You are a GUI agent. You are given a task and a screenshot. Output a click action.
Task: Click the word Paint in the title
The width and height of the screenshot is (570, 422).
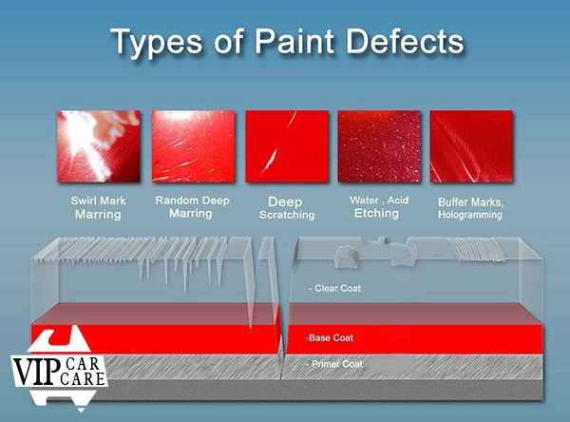(294, 41)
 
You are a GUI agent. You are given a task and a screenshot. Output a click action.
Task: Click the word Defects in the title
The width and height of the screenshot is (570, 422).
(405, 41)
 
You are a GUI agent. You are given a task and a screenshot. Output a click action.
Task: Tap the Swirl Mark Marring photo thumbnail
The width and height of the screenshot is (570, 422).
(98, 146)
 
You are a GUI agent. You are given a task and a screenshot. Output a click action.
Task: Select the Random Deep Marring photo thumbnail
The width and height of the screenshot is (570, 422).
(193, 146)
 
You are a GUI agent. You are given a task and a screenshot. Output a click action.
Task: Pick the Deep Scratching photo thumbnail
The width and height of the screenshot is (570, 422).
(287, 146)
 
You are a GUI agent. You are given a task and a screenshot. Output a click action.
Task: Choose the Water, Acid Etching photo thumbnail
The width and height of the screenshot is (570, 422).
(379, 146)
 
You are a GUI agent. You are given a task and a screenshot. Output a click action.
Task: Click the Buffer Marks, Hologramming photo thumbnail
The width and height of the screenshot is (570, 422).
(471, 146)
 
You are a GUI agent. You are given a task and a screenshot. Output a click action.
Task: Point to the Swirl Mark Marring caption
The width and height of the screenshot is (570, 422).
(98, 207)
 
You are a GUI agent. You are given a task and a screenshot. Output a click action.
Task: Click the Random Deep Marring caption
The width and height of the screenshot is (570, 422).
(192, 206)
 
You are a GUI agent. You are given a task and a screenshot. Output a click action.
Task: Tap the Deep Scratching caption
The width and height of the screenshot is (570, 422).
(287, 208)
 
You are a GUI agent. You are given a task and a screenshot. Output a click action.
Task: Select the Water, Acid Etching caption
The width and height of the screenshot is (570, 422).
(379, 206)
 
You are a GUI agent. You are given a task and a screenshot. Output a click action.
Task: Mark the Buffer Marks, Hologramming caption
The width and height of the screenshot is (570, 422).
(470, 208)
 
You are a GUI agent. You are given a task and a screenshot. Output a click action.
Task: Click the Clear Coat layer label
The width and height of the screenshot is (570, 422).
(334, 289)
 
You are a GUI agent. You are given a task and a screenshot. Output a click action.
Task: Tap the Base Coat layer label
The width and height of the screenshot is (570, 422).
(330, 338)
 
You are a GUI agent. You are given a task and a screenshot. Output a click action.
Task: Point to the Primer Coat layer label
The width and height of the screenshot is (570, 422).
(334, 364)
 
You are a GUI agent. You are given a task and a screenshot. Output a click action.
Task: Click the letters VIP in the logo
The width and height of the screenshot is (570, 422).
(36, 371)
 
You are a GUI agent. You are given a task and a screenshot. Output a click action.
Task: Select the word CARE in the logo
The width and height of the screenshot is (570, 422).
(83, 378)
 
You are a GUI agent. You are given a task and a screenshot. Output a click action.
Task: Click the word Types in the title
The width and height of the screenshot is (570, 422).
(157, 42)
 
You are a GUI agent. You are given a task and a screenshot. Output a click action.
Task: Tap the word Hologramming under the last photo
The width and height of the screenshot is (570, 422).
(470, 215)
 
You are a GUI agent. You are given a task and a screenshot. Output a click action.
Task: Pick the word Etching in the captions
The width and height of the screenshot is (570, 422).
(376, 213)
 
